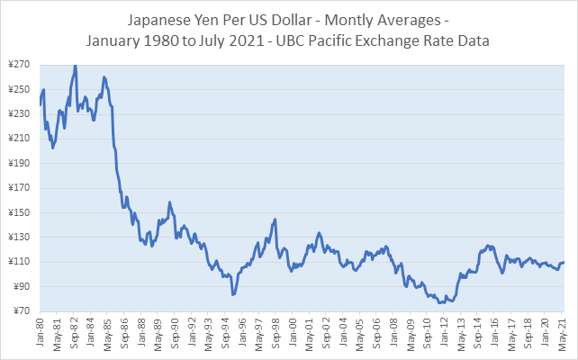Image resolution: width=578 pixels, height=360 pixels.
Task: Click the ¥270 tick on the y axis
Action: pyautogui.click(x=17, y=66)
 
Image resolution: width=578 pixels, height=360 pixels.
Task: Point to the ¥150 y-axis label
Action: pyautogui.click(x=17, y=212)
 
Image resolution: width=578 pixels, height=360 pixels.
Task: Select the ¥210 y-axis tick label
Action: pyautogui.click(x=17, y=139)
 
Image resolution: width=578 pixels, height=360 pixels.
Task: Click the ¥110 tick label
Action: pyautogui.click(x=17, y=262)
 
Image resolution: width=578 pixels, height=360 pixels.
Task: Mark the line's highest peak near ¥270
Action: pyautogui.click(x=76, y=66)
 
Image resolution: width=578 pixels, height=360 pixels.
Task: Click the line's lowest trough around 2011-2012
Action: pyautogui.click(x=441, y=302)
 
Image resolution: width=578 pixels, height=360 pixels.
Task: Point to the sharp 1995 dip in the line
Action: pyautogui.click(x=232, y=294)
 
